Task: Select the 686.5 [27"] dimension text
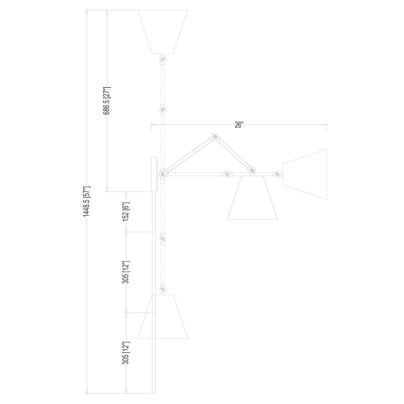[x=107, y=101]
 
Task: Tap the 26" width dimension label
[x=239, y=125]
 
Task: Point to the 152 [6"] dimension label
[x=126, y=212]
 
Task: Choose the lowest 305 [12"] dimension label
[x=126, y=352]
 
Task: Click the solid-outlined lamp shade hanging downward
[x=253, y=199]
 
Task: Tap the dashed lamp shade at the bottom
[x=164, y=317]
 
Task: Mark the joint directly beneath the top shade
[x=162, y=60]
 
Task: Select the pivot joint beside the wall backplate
[x=162, y=174]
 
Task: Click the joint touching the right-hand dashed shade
[x=277, y=175]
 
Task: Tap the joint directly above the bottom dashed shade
[x=162, y=289]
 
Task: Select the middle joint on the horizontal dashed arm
[x=227, y=175]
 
